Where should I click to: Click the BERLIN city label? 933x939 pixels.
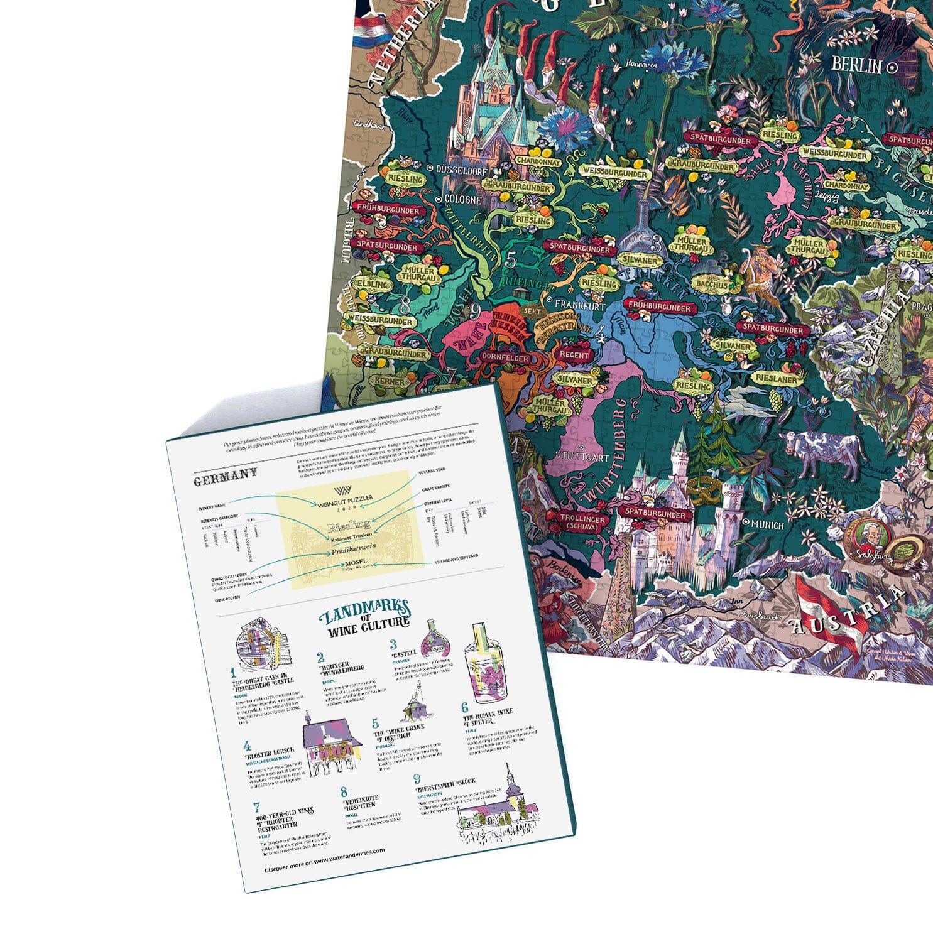858,65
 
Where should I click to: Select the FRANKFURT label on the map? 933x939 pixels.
579,306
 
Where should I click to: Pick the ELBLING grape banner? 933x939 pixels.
373,283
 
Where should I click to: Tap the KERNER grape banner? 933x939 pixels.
389,381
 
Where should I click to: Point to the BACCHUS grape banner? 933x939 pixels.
711,285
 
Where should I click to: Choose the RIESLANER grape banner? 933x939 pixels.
777,378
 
